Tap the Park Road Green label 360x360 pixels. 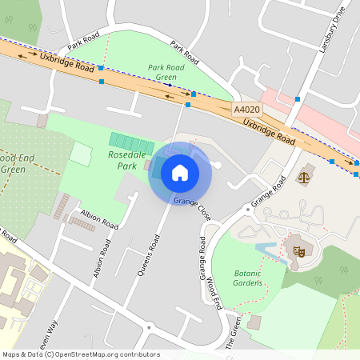pyautogui.click(x=166, y=72)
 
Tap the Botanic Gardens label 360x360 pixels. pyautogui.click(x=247, y=278)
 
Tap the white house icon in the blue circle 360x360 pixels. pyautogui.click(x=180, y=172)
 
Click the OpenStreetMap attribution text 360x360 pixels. pyautogui.click(x=81, y=354)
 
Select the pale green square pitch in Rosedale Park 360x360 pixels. pyautogui.click(x=81, y=154)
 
